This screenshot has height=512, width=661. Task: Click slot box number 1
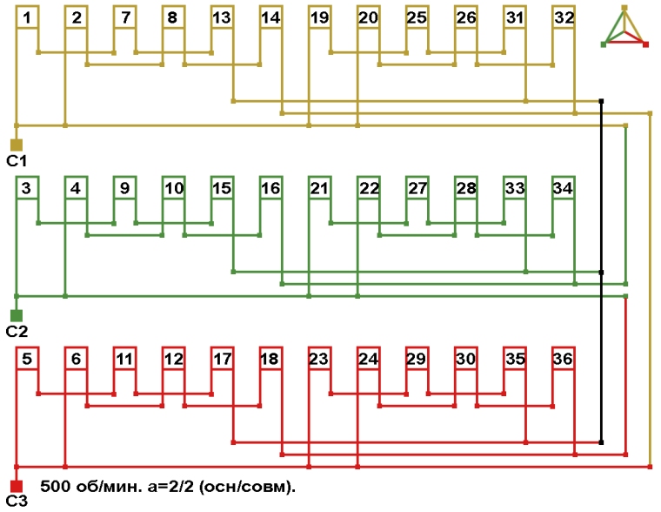click(x=28, y=17)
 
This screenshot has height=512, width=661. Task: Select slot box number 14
click(x=270, y=17)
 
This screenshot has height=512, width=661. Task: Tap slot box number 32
click(x=564, y=17)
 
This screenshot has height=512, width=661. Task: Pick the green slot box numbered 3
click(x=28, y=188)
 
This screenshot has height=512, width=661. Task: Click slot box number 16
click(x=270, y=188)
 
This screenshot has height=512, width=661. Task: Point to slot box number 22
click(x=369, y=188)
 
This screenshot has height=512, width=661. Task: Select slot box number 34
click(x=564, y=188)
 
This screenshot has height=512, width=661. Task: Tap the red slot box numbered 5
click(x=28, y=359)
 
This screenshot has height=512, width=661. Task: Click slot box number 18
click(x=270, y=359)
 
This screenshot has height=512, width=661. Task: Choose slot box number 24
click(x=369, y=359)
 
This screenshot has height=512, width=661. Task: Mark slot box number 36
click(x=564, y=359)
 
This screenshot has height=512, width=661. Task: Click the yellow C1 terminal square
click(x=16, y=145)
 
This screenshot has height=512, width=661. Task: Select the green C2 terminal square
click(x=16, y=315)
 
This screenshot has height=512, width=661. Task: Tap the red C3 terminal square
click(x=16, y=486)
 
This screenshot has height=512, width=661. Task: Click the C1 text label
click(x=17, y=161)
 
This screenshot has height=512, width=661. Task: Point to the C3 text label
click(x=17, y=502)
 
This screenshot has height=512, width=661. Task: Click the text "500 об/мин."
click(x=83, y=486)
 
